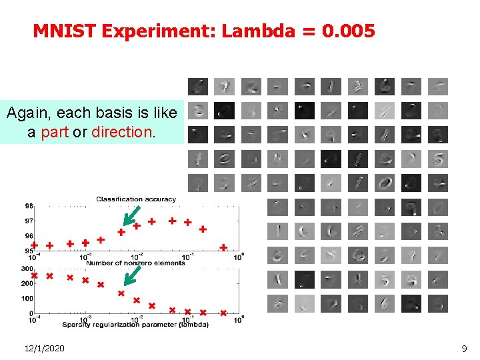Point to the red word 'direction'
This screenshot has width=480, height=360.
pos(122,132)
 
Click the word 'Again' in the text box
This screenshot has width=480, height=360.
pos(26,113)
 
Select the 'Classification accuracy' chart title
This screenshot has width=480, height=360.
pos(136,199)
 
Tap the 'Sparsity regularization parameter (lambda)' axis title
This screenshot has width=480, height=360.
pos(136,324)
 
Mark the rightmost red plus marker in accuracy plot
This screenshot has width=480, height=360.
pos(224,247)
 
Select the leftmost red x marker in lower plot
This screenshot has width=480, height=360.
pos(34,275)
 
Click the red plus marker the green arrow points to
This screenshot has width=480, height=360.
pos(121,233)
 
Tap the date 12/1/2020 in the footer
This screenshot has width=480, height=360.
pos(44,348)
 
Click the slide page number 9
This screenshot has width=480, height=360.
pos(464,348)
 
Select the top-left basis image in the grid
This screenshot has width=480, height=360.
pos(197,87)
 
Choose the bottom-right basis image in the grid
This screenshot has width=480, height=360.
pos(438,304)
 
